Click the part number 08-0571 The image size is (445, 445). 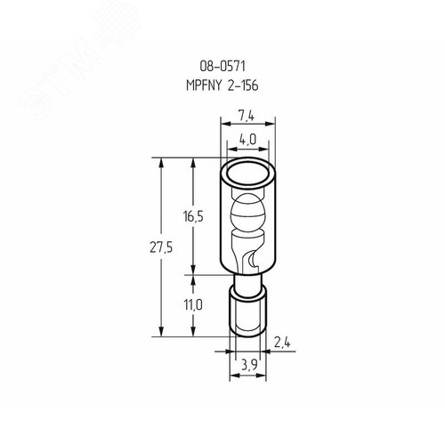tap(222, 66)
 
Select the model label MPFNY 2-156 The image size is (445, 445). tap(222, 85)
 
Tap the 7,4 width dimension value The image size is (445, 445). tap(247, 115)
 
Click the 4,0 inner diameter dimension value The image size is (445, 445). tap(247, 140)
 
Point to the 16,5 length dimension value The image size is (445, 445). tap(193, 217)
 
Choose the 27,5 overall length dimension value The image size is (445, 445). tap(161, 247)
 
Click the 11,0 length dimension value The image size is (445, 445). tap(193, 304)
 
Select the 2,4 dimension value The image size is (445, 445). tap(282, 343)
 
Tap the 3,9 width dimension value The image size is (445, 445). tap(249, 365)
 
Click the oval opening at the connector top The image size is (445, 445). tap(247, 174)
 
